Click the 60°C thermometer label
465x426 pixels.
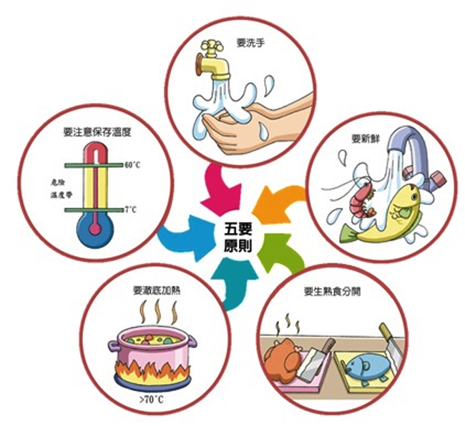[x=132, y=164]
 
